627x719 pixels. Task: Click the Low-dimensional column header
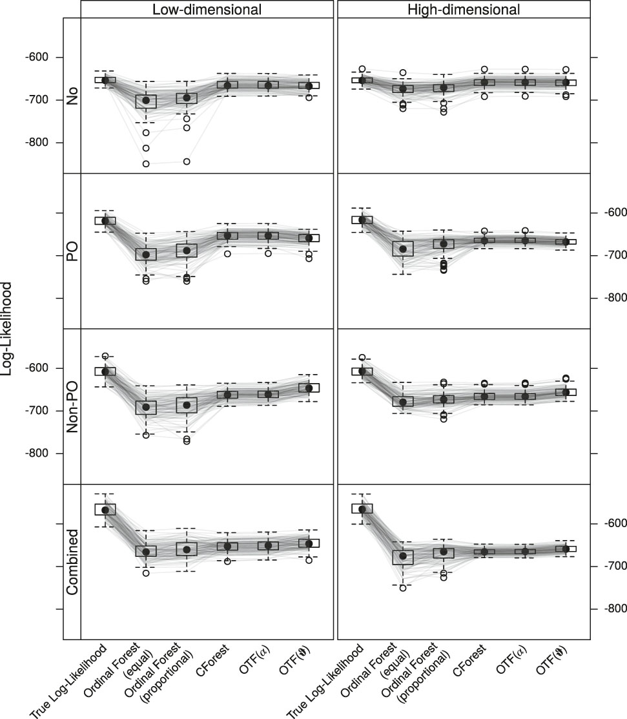207,9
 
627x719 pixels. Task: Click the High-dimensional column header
464,9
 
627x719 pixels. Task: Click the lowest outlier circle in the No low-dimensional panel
146,164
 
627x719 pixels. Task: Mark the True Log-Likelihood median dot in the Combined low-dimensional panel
105,510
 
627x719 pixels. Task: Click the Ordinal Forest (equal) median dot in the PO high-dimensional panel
403,249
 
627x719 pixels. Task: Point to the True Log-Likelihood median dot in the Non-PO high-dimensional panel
362,371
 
